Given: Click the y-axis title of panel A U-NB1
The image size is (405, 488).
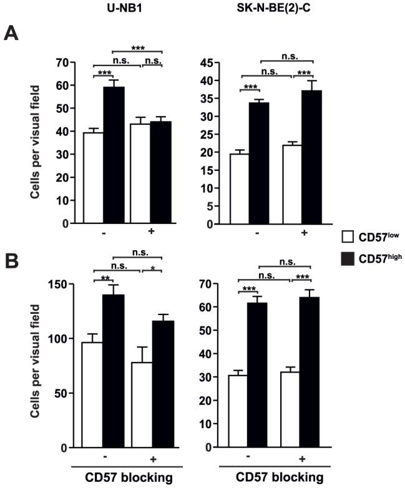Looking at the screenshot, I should (x=39, y=144).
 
